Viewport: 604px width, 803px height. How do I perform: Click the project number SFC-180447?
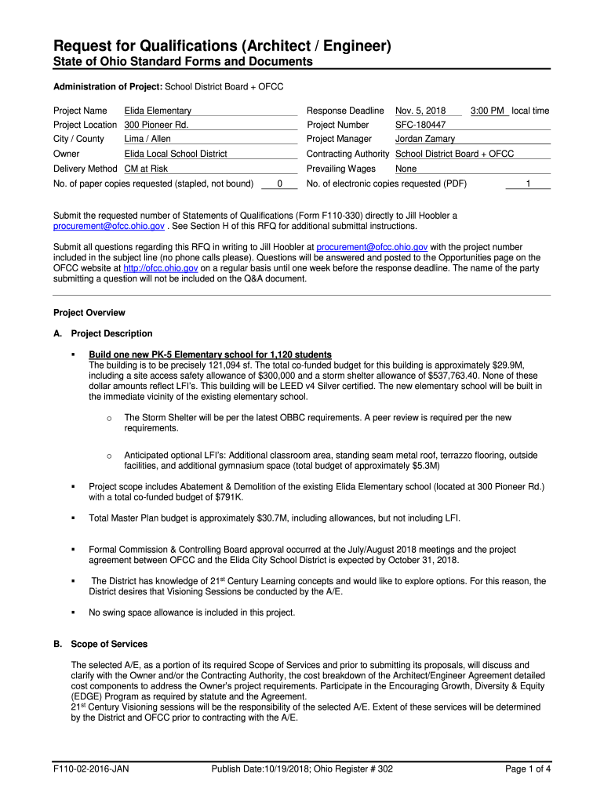420,125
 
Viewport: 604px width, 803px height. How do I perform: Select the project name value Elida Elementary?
158,111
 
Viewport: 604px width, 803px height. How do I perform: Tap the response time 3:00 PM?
487,111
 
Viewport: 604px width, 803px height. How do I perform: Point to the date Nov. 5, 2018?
420,111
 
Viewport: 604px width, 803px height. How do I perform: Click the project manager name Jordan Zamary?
424,140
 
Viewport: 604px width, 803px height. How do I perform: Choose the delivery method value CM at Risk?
146,169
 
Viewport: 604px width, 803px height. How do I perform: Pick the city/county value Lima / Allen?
147,140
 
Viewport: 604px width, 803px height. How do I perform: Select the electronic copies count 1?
528,184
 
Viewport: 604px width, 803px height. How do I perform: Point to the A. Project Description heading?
103,334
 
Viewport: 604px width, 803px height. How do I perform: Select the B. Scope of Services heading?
100,645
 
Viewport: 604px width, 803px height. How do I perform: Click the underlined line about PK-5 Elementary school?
209,354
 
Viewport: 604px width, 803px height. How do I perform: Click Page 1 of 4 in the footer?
528,769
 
